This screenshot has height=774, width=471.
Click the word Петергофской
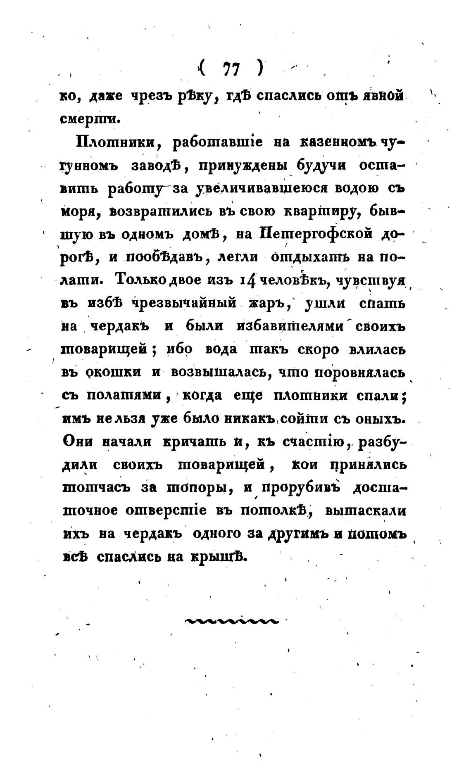click(317, 235)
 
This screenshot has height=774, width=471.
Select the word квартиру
click(321, 212)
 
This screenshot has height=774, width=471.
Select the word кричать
click(190, 441)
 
